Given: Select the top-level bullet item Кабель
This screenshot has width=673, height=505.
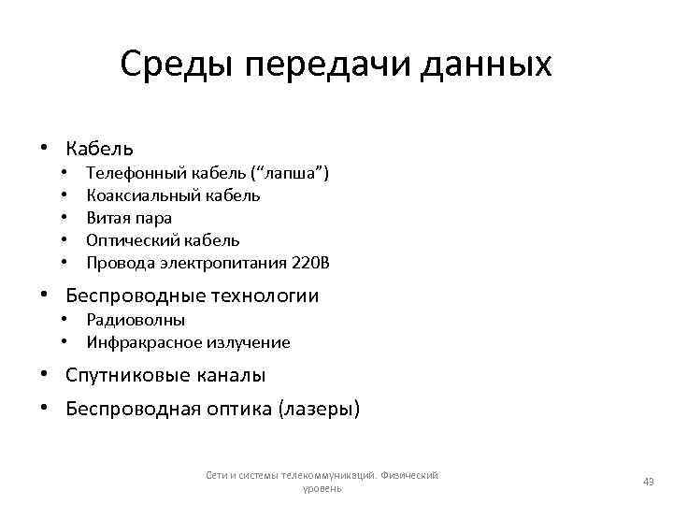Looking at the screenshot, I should coord(99,148).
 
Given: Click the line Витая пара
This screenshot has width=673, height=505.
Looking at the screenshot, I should coord(129,218).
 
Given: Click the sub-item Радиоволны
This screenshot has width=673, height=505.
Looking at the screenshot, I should coord(136,320).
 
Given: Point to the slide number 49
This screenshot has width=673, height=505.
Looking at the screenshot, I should coord(648,481).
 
